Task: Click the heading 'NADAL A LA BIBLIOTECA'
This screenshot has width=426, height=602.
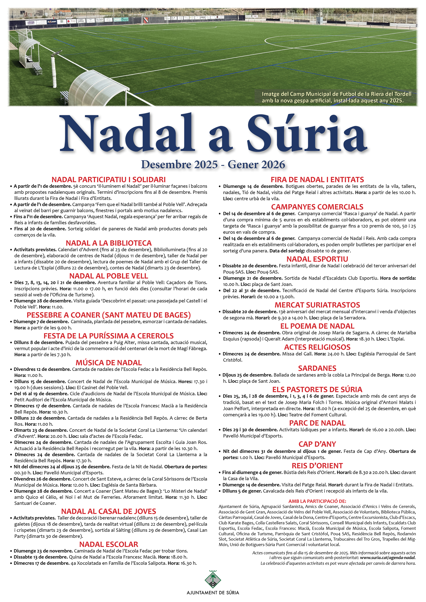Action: coord(109,243)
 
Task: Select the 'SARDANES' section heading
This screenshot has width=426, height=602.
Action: coord(317,368)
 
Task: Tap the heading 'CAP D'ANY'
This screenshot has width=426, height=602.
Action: coord(317,444)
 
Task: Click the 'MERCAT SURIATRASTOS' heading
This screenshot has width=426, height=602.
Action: coord(317,305)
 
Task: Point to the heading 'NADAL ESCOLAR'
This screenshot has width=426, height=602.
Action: coord(109,544)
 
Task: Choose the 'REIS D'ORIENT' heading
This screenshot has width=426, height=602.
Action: coord(317,466)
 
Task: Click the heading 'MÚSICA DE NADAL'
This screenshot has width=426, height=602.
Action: coord(109,363)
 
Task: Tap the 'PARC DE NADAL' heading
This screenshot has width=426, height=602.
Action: coord(317,423)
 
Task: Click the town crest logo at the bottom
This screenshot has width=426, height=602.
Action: coord(212,580)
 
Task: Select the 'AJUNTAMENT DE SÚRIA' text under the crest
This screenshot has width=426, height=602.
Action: coord(213,593)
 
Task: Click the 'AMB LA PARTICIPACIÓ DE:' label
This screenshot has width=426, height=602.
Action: coord(317,501)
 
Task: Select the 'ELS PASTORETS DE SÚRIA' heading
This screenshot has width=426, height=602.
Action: coord(317,389)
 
